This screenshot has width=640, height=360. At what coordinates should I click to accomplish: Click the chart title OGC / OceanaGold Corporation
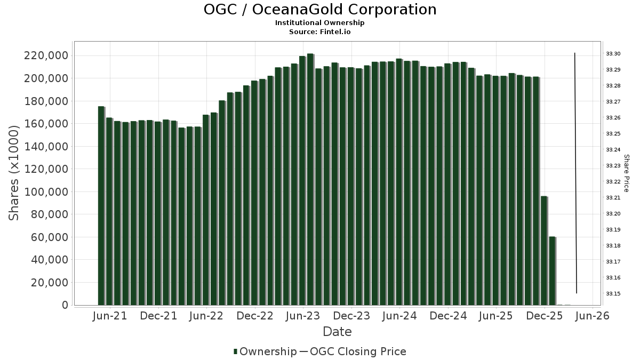coord(320,10)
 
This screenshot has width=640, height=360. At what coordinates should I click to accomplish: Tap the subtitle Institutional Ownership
coord(320,23)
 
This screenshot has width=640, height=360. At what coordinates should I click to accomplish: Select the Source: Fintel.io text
coord(320,31)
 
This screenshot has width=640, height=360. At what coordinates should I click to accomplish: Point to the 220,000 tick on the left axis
coord(46,56)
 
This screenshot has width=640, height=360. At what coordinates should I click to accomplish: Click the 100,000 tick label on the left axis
coord(46,192)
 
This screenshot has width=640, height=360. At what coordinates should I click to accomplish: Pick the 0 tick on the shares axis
coord(65,306)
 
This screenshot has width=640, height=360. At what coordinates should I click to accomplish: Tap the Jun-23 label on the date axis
coord(302,316)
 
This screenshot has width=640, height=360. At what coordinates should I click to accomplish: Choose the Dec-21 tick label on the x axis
coord(158,316)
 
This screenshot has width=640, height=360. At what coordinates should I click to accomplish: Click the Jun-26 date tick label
coord(593,316)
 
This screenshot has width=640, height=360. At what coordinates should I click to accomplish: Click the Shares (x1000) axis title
coord(14,172)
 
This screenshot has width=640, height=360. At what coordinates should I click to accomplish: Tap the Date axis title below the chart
coord(337,332)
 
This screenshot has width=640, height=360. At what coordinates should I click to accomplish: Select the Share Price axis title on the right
coord(627,173)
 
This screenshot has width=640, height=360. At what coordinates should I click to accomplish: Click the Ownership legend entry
coord(265,351)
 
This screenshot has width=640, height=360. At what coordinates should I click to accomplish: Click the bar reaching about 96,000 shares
coord(544,251)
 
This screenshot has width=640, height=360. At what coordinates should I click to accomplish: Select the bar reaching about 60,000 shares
coord(553,271)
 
